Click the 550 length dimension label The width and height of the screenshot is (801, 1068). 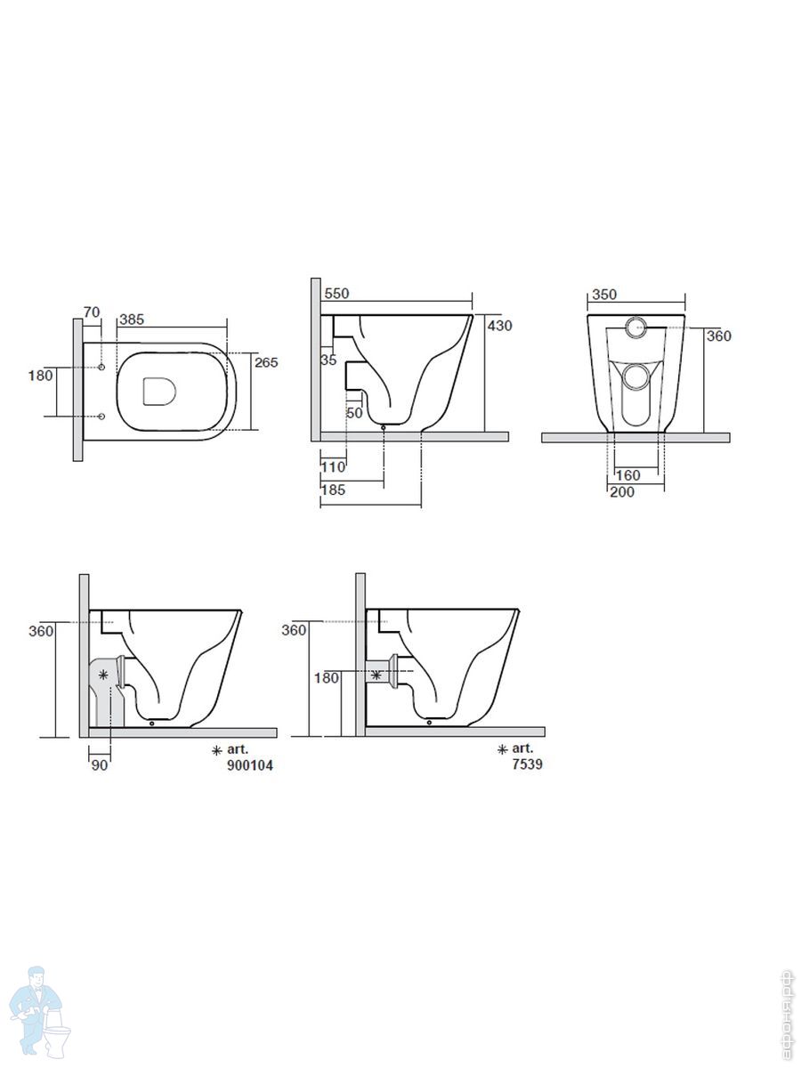[336, 294]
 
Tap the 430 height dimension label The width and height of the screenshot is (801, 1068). [500, 326]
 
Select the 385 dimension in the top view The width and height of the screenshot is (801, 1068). [132, 320]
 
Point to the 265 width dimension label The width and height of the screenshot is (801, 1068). [266, 362]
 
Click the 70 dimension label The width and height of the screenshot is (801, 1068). [92, 311]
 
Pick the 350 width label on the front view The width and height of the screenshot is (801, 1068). [604, 295]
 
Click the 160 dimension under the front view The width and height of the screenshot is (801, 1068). [627, 475]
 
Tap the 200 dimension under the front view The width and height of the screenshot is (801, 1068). [622, 492]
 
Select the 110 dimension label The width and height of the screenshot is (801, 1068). [333, 467]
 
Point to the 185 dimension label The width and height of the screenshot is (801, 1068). [333, 489]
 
